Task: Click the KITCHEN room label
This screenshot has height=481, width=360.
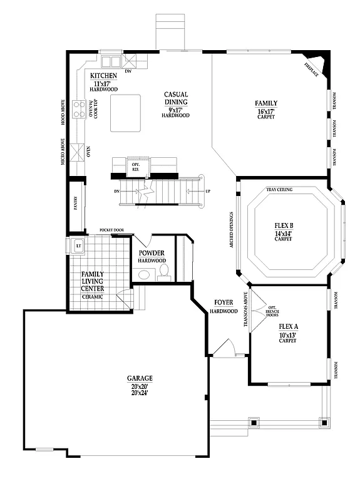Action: [x=103, y=75]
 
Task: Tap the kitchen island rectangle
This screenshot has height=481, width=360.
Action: [x=126, y=113]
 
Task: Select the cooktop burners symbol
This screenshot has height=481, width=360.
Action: [x=80, y=110]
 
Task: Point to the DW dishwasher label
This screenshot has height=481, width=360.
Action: [x=128, y=71]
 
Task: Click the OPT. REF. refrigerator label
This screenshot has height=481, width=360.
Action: [x=135, y=166]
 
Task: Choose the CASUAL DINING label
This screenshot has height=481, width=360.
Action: [x=177, y=98]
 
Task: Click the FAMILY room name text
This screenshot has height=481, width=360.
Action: [x=266, y=103]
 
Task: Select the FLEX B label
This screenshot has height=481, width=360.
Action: [x=285, y=225]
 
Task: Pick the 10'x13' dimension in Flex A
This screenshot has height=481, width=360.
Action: [x=287, y=334]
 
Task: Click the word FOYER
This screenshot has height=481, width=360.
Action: [x=224, y=303]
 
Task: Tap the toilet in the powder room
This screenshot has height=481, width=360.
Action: [x=165, y=271]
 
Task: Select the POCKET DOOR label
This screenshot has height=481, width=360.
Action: [x=111, y=230]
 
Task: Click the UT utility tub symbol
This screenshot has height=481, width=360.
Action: [x=79, y=246]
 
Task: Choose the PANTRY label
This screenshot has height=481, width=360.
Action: [x=76, y=204]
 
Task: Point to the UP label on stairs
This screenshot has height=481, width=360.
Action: [x=208, y=190]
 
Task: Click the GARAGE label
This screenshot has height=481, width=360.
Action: [x=140, y=378]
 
